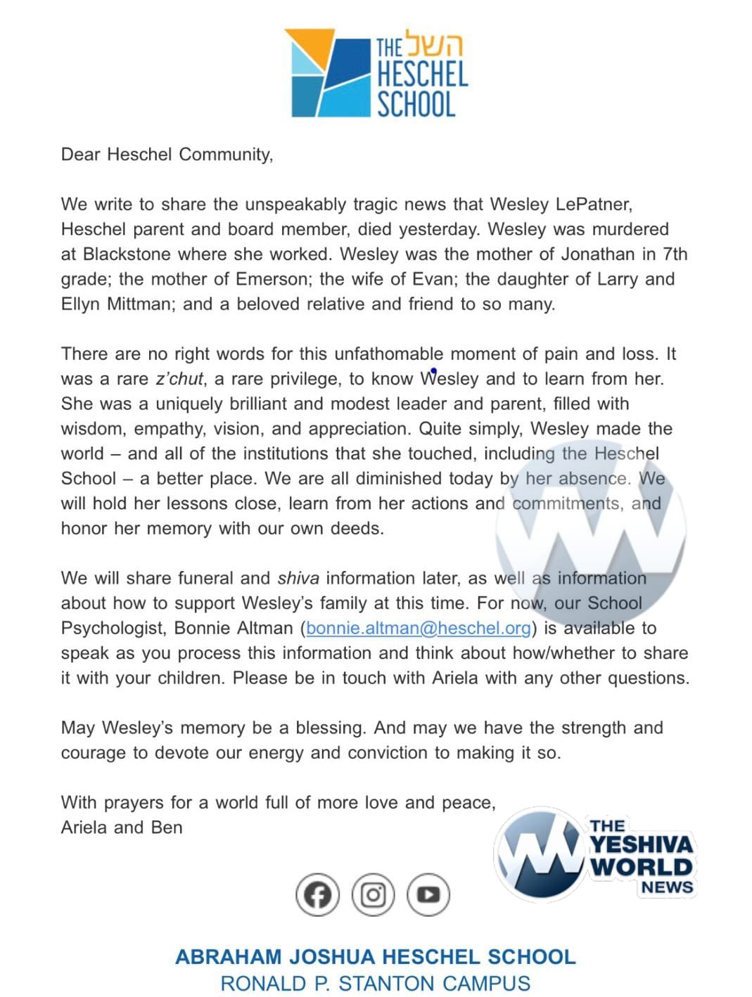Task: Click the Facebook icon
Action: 317,894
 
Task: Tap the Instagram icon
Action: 373,894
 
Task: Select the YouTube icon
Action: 428,894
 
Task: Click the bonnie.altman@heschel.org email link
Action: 419,628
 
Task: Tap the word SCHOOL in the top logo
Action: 416,104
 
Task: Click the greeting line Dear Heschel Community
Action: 167,155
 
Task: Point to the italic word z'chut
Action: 179,379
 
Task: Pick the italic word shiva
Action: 298,578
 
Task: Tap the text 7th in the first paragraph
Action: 675,254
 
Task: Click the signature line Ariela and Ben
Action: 122,828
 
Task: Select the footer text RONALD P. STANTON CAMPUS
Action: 376,983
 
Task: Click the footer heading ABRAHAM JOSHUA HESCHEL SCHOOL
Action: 376,957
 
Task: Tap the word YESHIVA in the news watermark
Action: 641,844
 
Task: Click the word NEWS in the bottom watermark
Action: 666,887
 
